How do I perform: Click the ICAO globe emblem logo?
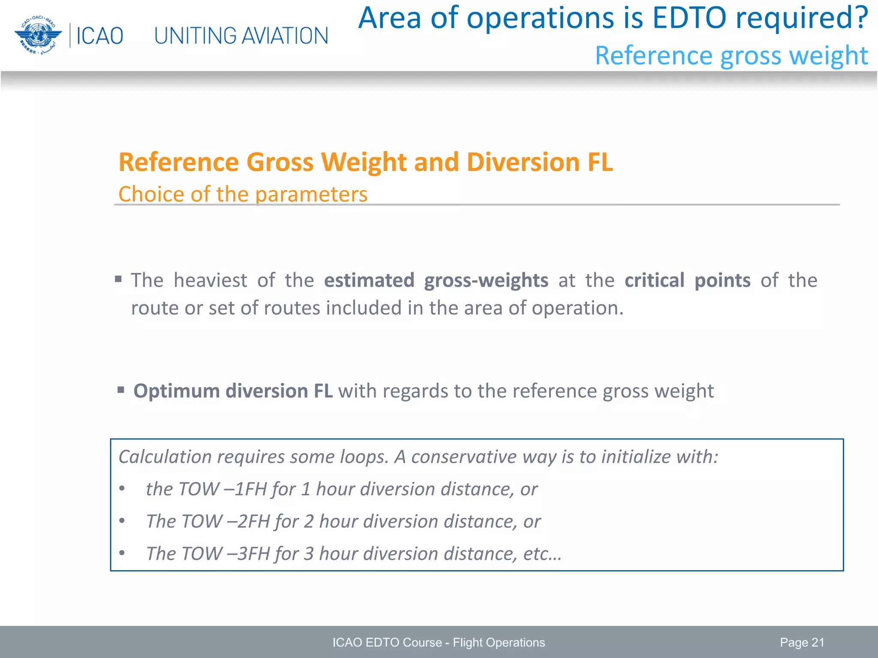pyautogui.click(x=38, y=35)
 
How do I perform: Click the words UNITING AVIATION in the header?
pyautogui.click(x=241, y=36)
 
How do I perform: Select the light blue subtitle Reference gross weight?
pyautogui.click(x=731, y=56)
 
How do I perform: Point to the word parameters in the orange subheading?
pyautogui.click(x=311, y=194)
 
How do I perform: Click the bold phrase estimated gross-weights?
pyautogui.click(x=436, y=281)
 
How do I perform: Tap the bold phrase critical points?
pyautogui.click(x=687, y=281)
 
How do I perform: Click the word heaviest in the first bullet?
pyautogui.click(x=210, y=281)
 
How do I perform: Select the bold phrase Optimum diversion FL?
pyautogui.click(x=233, y=391)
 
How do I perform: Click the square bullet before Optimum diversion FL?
pyautogui.click(x=121, y=390)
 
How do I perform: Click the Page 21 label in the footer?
pyautogui.click(x=802, y=643)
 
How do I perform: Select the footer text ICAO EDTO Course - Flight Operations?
pyautogui.click(x=439, y=643)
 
